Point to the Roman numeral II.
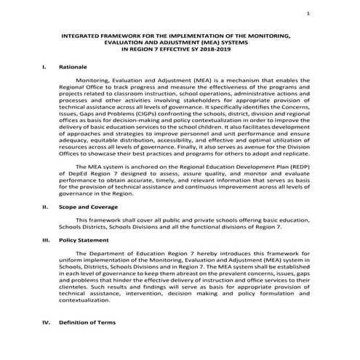point(45,207)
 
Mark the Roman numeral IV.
point(45,322)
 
